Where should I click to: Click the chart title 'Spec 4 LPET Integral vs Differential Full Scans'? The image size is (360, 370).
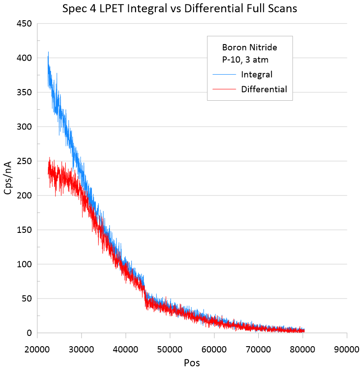click(x=180, y=9)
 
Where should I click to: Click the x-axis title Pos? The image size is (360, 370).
click(x=192, y=362)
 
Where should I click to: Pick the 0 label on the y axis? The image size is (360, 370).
click(x=29, y=333)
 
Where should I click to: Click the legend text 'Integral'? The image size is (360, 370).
click(x=256, y=74)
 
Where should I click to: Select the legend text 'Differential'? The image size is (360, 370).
click(x=264, y=89)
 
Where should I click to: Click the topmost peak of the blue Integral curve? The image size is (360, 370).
click(x=48, y=52)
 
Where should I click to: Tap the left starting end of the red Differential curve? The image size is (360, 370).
click(x=48, y=173)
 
